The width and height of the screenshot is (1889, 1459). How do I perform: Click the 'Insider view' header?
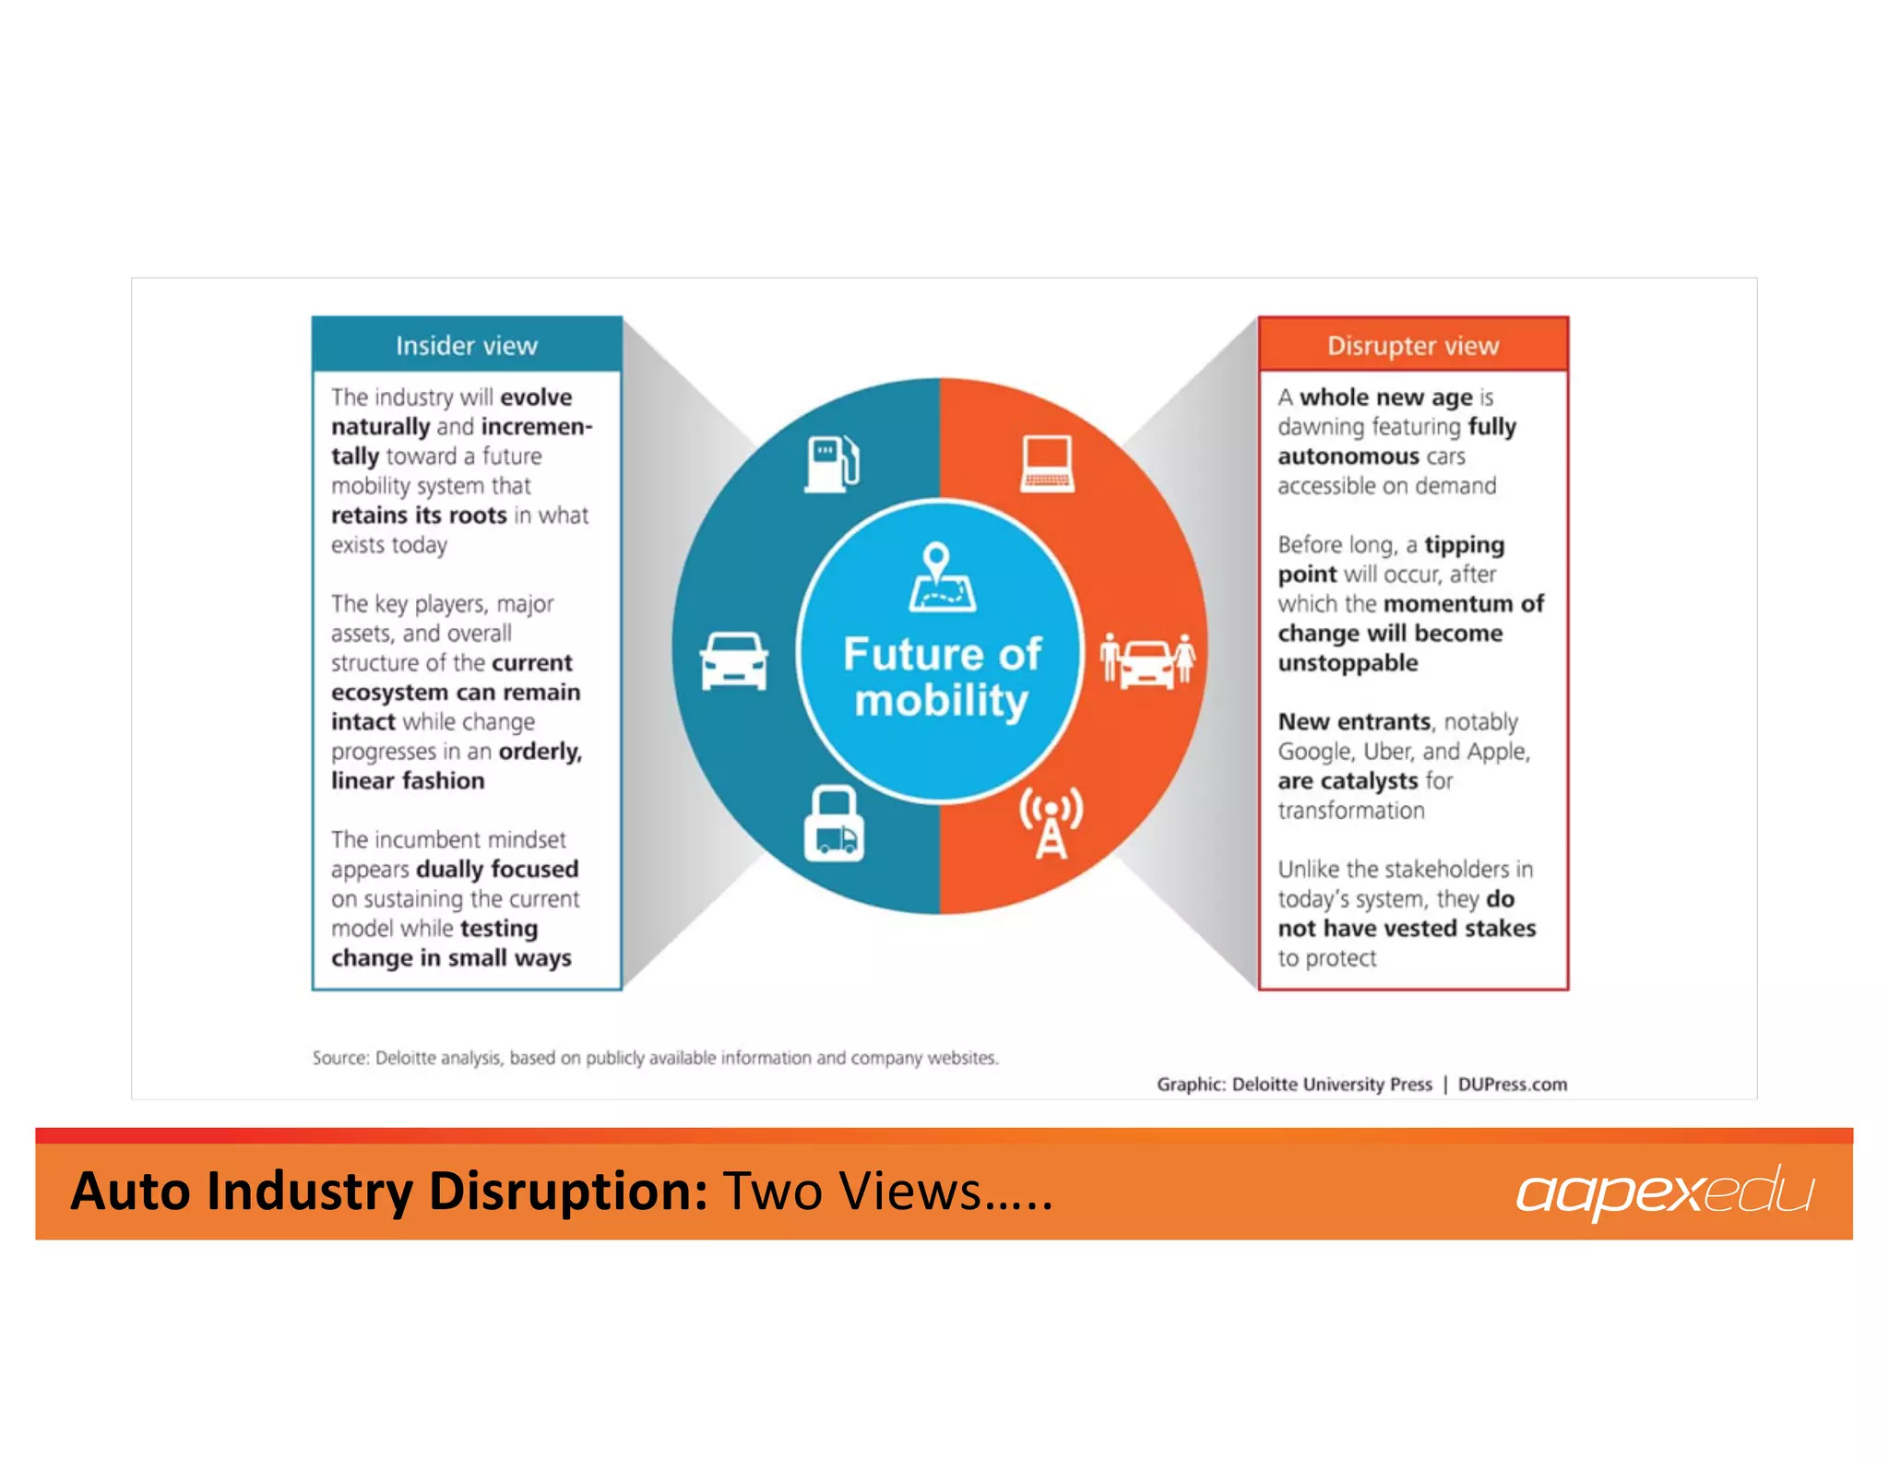point(466,346)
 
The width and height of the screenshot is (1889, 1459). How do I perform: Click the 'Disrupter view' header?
point(1412,346)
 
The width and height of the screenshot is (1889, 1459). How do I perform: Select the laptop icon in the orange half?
point(1047,463)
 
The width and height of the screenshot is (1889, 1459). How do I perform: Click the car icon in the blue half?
point(733,660)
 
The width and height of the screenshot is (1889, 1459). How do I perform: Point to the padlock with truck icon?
point(834,824)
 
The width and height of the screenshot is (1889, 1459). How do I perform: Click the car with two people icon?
point(1147,660)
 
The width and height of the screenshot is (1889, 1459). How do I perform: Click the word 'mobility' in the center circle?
point(940,701)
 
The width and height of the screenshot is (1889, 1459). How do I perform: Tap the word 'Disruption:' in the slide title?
point(568,1191)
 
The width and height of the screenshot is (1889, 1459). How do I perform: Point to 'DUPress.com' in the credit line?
point(1512,1085)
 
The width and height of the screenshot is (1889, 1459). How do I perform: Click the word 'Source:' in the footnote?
point(339,1058)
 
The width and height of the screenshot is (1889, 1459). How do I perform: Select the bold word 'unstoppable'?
point(1348,663)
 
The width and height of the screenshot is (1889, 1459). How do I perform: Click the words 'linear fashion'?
point(408,781)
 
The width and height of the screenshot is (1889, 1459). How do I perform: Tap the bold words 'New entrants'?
point(1354,722)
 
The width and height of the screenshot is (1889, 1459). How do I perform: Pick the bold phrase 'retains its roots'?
point(419,516)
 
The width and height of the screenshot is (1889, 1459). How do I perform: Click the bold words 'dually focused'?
point(497,870)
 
